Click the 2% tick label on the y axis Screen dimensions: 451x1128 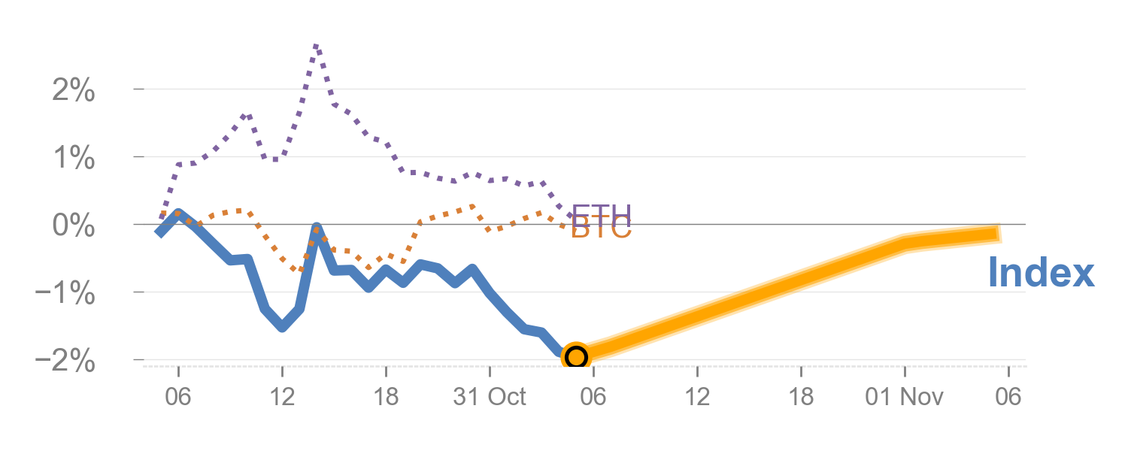click(x=74, y=91)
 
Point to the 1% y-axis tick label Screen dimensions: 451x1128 click(x=74, y=159)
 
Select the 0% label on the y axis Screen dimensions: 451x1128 click(x=74, y=225)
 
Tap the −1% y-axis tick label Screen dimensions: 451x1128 click(x=66, y=293)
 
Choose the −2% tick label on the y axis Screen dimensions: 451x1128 click(x=66, y=361)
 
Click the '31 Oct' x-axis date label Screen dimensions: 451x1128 click(x=490, y=397)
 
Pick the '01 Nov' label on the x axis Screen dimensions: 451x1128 click(x=904, y=397)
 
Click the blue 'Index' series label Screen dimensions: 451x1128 click(x=1040, y=272)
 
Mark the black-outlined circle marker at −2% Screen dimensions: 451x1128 click(x=576, y=356)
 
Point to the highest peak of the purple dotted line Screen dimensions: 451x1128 click(x=316, y=47)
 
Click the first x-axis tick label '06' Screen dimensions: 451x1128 click(x=178, y=397)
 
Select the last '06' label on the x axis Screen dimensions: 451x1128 click(x=1008, y=397)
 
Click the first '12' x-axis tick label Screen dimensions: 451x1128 click(x=282, y=397)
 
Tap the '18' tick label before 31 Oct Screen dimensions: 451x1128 click(x=386, y=397)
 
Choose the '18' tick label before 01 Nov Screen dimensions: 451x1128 click(x=801, y=397)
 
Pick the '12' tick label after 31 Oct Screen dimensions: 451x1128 click(x=697, y=397)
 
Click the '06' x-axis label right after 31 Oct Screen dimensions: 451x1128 click(x=593, y=397)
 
